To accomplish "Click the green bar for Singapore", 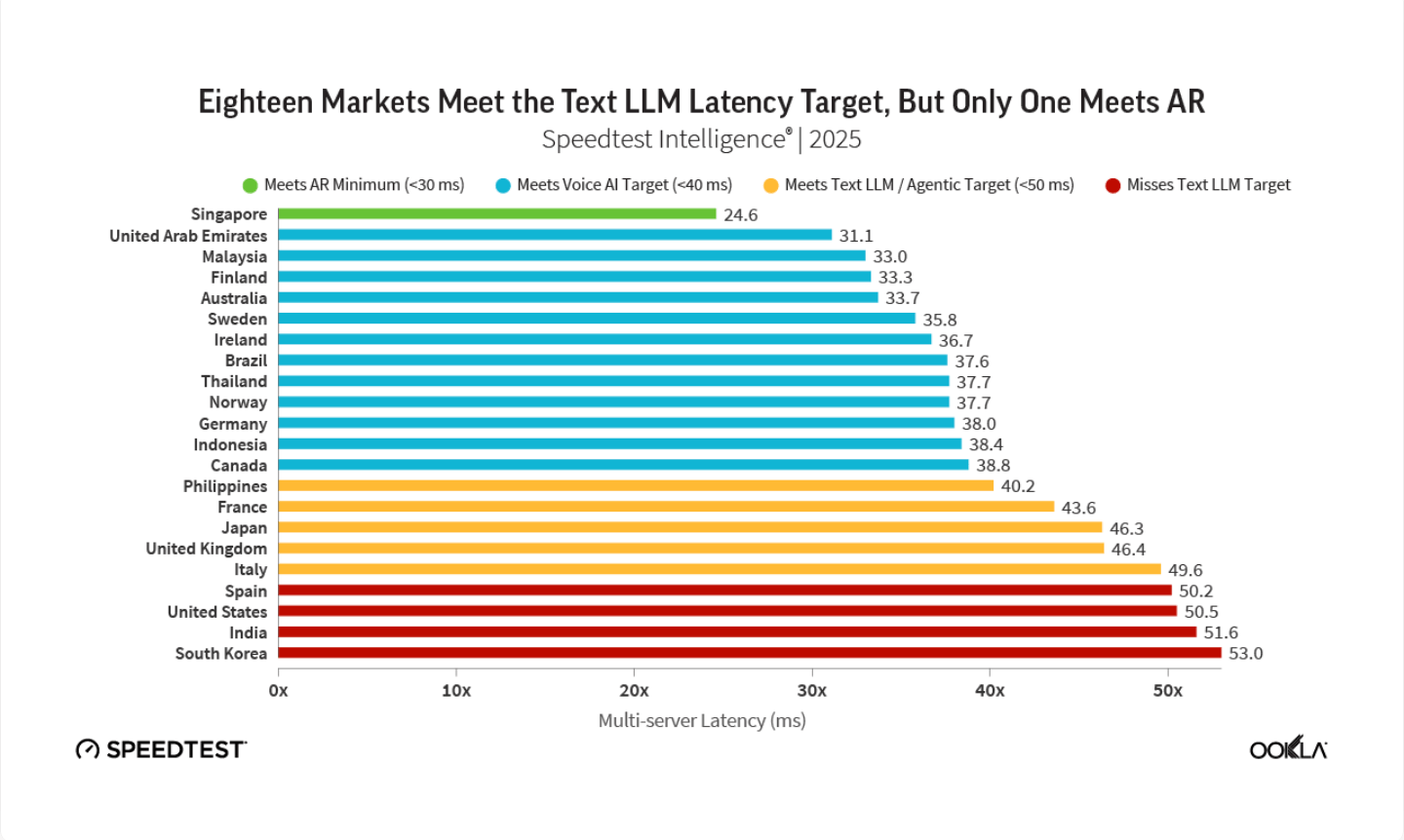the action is [497, 214].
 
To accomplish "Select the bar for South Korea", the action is [750, 653].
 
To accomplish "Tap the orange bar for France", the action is [666, 507].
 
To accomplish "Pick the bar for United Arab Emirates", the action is [555, 235].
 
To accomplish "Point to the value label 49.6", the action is [1186, 570].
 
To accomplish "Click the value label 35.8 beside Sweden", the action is [940, 320].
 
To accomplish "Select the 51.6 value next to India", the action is [1221, 632].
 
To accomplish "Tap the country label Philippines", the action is [225, 486].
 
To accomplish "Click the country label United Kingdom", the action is [207, 549].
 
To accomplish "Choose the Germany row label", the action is [233, 424].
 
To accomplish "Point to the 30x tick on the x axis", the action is [811, 691].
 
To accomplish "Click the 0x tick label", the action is [278, 691].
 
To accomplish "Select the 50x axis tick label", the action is [1168, 691].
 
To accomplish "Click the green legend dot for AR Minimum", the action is [250, 185].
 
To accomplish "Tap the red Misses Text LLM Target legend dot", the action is [1112, 185].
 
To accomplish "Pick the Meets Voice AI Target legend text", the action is [624, 185].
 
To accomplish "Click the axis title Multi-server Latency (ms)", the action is [702, 721].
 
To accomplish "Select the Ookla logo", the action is [1288, 748].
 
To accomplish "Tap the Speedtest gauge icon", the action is [88, 749].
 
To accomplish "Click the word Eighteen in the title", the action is [255, 102].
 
